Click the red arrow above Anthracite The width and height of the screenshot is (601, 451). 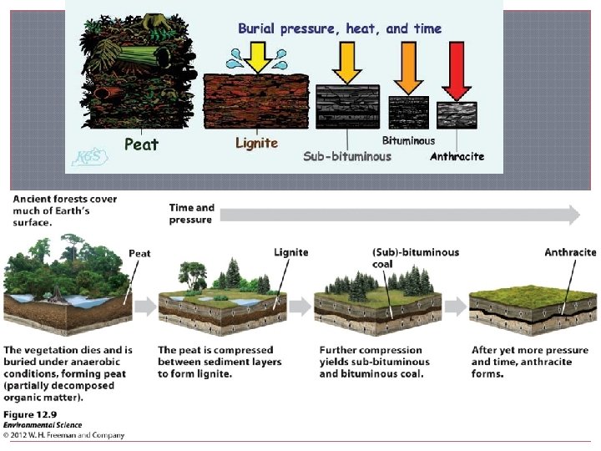(x=457, y=71)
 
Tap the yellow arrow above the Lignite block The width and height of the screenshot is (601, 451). (x=257, y=57)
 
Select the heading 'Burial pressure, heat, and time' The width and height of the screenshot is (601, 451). (x=340, y=28)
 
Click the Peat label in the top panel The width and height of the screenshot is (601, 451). (x=141, y=144)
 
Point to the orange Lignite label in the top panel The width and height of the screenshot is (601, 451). (x=256, y=144)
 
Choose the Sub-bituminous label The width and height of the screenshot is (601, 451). (x=347, y=156)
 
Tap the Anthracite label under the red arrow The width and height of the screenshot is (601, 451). (x=457, y=156)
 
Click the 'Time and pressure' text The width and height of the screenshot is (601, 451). (x=191, y=214)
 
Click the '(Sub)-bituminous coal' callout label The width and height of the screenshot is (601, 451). (x=415, y=257)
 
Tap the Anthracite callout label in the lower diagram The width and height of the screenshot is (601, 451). (x=570, y=251)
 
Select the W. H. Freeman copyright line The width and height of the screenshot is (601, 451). (x=64, y=435)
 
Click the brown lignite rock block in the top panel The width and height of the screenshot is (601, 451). (x=257, y=102)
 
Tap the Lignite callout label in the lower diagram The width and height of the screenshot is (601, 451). (x=290, y=251)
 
